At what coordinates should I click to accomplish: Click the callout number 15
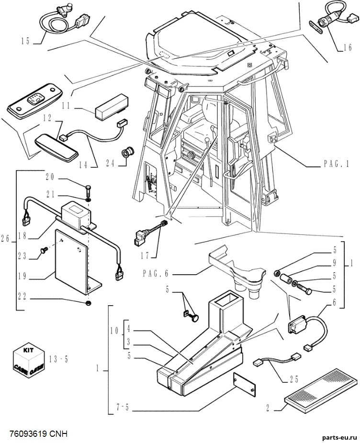[x=25, y=41]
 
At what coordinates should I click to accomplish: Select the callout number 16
[x=348, y=47]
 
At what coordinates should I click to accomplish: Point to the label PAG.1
[x=337, y=164]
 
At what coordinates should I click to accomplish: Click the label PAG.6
[x=156, y=274]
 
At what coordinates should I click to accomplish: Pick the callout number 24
[x=110, y=163]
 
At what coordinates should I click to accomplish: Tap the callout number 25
[x=294, y=379]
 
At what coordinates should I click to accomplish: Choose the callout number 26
[x=5, y=239]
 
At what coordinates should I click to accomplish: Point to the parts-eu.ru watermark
[x=339, y=437]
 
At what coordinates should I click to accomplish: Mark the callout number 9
[x=335, y=263]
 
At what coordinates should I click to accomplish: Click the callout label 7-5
[x=123, y=408]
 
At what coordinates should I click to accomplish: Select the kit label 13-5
[x=58, y=360]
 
